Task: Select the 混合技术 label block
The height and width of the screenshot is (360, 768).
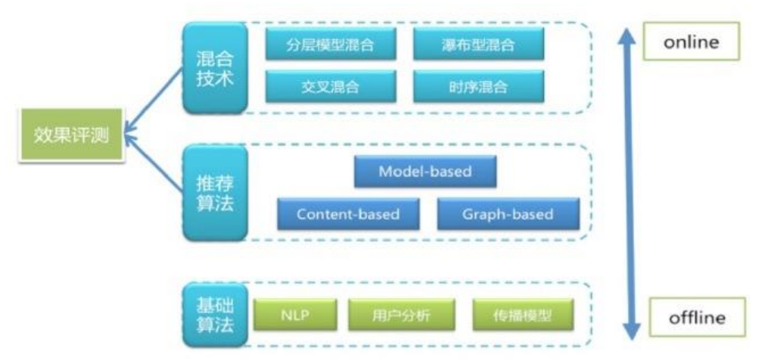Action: pyautogui.click(x=215, y=68)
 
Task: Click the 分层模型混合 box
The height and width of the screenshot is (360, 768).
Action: pyautogui.click(x=331, y=46)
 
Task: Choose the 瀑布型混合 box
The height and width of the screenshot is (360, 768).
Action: pyautogui.click(x=478, y=46)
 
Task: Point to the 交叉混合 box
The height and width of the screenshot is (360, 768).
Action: pyautogui.click(x=331, y=87)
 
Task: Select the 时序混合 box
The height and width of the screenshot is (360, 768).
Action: pyautogui.click(x=478, y=87)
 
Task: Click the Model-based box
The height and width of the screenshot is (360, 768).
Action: pyautogui.click(x=425, y=172)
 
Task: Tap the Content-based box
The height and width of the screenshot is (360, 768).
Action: pyautogui.click(x=348, y=214)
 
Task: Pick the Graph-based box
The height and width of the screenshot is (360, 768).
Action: pyautogui.click(x=508, y=214)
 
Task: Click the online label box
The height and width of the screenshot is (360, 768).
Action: pyautogui.click(x=689, y=43)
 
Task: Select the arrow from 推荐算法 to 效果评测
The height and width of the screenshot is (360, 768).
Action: pyautogui.click(x=155, y=163)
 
